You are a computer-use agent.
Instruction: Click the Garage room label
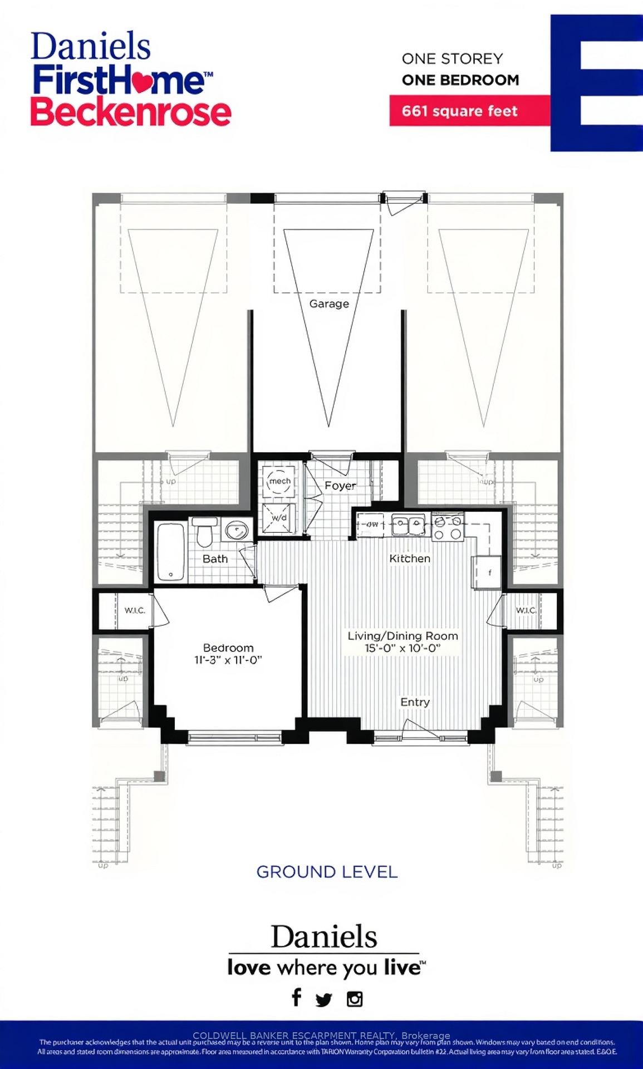pos(329,304)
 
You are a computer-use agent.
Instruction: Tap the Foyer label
pos(340,486)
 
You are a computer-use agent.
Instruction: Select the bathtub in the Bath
pos(170,552)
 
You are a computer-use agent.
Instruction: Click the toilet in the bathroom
pos(204,531)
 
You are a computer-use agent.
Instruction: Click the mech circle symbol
pos(279,482)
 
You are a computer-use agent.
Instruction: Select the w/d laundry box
pos(279,518)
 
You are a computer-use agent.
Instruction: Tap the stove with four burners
pos(448,528)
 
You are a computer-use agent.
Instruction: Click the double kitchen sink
pos(408,524)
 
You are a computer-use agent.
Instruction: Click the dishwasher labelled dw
pos(371,524)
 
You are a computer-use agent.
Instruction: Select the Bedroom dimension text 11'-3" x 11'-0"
pos(228,660)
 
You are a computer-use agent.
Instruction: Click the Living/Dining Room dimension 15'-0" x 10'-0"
pos(403,648)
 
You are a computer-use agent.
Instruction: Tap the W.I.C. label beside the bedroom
pos(135,610)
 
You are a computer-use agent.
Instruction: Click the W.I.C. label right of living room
pos(526,610)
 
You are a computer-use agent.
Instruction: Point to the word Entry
pos(415,702)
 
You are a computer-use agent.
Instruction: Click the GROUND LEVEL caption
pos(327,872)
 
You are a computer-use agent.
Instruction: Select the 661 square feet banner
pos(460,111)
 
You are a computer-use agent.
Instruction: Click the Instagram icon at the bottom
pos(355,999)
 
